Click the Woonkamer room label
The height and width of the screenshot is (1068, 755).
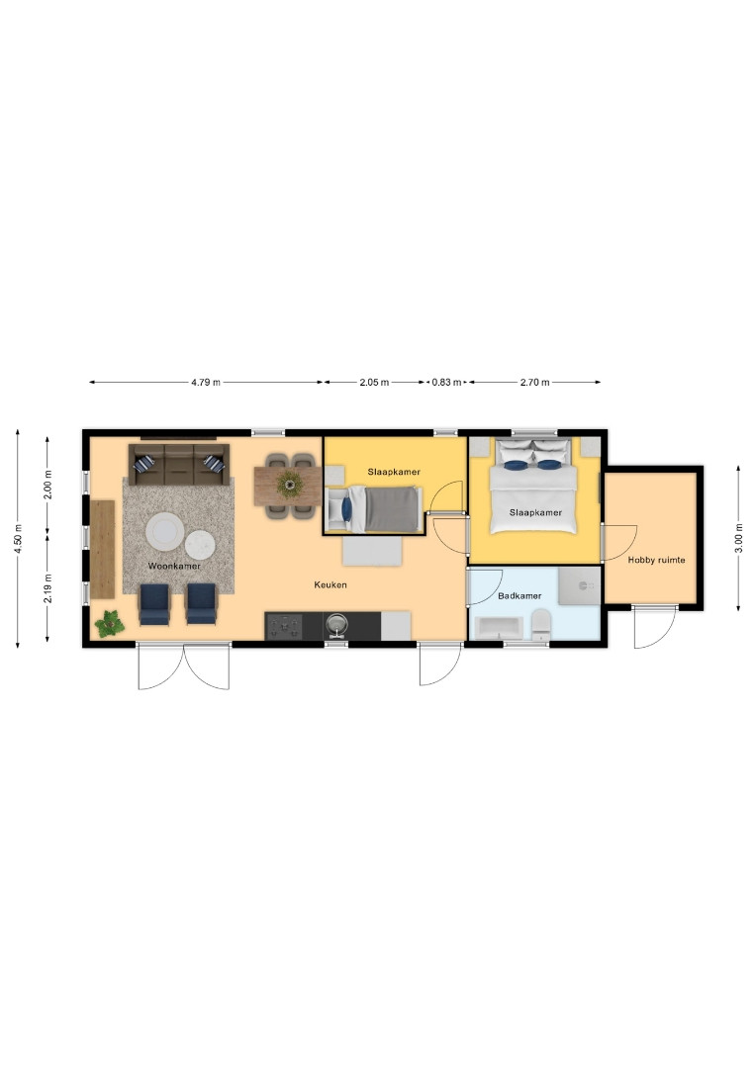click(174, 566)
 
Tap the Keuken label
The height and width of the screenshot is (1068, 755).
click(330, 584)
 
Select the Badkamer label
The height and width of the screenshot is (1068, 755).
click(519, 596)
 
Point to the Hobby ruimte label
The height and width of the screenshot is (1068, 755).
click(656, 560)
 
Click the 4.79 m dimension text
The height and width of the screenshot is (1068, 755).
click(206, 382)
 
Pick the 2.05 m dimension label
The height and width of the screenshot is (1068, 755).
click(374, 382)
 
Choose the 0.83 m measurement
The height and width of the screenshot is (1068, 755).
click(446, 382)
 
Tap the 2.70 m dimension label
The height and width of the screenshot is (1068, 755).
click(535, 382)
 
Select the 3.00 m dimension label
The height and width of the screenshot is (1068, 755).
click(739, 538)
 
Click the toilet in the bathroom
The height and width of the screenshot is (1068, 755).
click(541, 625)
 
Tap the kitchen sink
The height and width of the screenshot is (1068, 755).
click(335, 625)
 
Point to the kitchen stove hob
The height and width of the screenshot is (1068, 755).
click(283, 626)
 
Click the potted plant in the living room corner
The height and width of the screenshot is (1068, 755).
click(109, 623)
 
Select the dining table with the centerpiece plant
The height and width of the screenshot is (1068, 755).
click(288, 486)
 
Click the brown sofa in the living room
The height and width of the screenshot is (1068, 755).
click(178, 465)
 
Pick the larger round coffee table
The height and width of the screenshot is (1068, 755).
click(164, 531)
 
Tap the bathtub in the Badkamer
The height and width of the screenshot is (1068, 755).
click(499, 627)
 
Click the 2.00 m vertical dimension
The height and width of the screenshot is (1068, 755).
click(47, 485)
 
